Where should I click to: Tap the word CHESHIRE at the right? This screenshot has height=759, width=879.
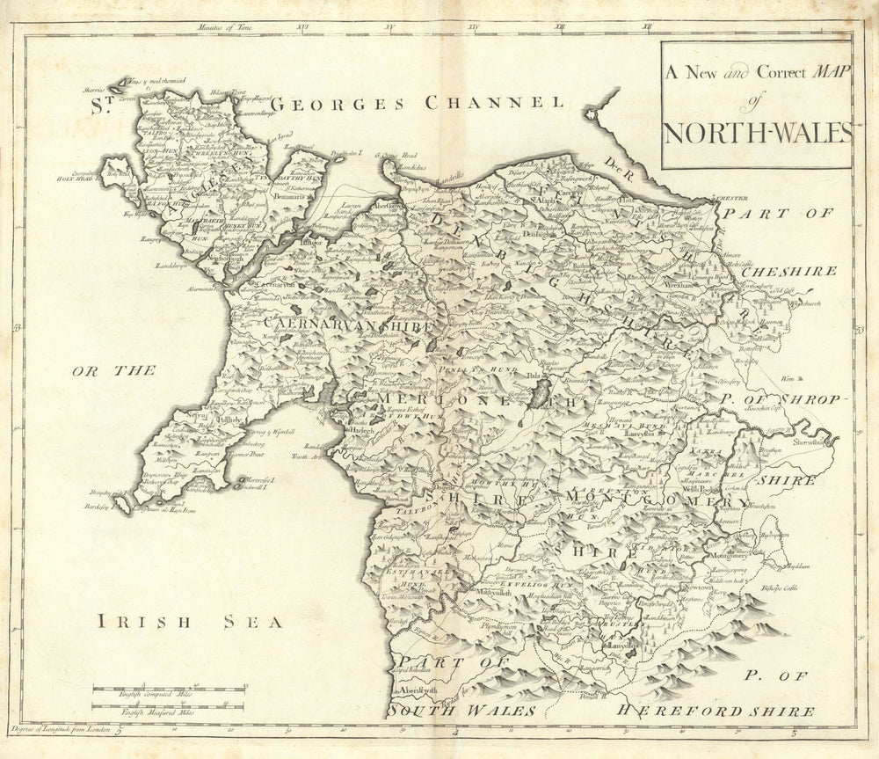788,271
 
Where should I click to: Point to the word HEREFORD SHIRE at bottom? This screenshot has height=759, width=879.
715,711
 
